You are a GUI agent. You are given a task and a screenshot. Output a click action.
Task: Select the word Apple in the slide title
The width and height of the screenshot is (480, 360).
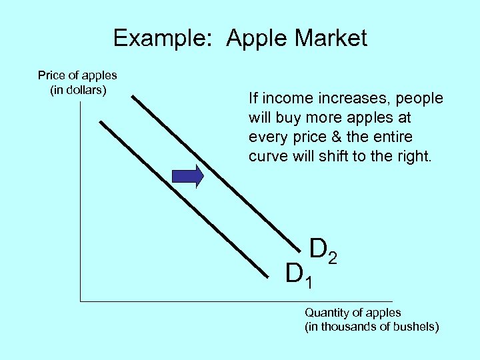coord(257,38)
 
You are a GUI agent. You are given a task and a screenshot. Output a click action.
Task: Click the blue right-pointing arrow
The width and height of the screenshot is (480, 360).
coord(187,176)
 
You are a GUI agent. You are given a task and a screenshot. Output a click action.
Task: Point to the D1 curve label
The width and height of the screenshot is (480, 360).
coord(298,274)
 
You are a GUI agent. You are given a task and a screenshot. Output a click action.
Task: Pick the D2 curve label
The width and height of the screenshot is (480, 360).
coord(323,250)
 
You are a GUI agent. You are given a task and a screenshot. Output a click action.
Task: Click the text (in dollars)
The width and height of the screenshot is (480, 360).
coord(78,89)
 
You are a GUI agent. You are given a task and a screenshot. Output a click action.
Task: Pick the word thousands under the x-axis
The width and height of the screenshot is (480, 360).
coord(355,327)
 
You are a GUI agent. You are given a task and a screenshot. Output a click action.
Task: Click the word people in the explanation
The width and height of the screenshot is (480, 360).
coord(419,99)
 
